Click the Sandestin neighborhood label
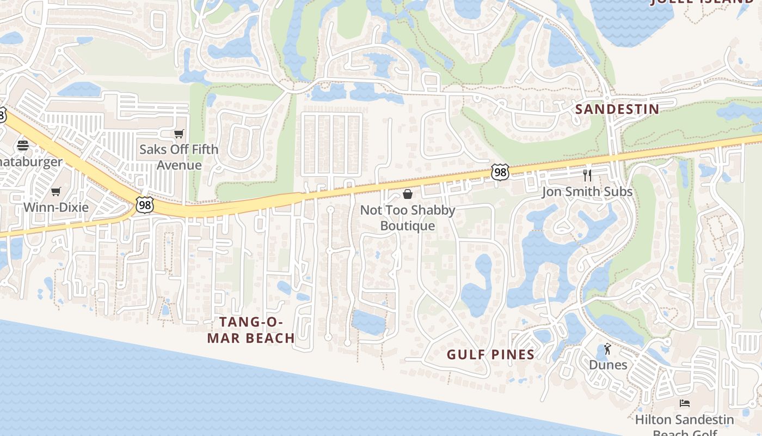(x=617, y=109)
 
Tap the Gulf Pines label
(x=490, y=355)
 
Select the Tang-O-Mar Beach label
(x=251, y=330)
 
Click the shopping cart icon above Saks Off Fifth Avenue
(x=179, y=134)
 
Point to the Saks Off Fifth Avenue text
(x=179, y=157)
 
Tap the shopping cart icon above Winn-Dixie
(x=56, y=191)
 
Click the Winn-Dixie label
(x=56, y=207)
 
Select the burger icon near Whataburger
(x=22, y=146)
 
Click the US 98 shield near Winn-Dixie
(x=145, y=205)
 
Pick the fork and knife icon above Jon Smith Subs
(x=587, y=175)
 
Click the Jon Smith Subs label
(x=587, y=192)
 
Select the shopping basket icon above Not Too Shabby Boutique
(x=407, y=194)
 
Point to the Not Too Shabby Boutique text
(x=407, y=217)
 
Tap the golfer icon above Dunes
(x=607, y=349)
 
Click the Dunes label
(x=607, y=365)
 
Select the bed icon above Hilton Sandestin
(x=685, y=403)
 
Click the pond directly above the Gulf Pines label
(x=477, y=289)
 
